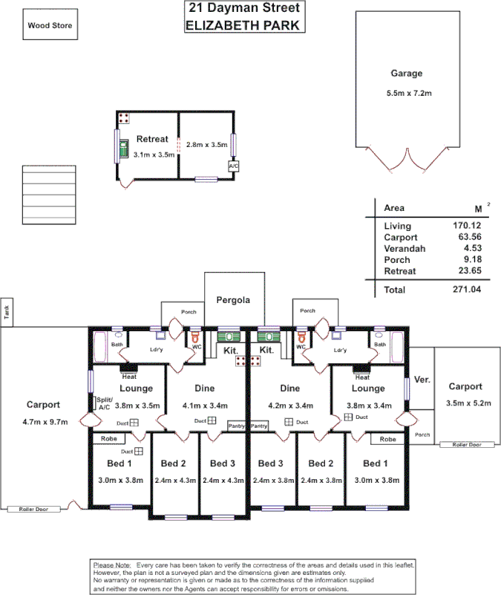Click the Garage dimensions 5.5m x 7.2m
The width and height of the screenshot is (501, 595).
tap(406, 94)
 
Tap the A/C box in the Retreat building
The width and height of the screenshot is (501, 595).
tap(233, 167)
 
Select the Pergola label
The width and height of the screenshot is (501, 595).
tap(233, 301)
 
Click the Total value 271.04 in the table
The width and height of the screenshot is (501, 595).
tap(466, 290)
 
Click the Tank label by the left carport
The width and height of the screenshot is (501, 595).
tap(5, 313)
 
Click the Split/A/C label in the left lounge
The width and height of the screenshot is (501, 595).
tap(103, 403)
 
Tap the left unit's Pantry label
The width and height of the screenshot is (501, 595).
tap(237, 426)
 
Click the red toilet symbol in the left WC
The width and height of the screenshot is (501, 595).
tap(195, 336)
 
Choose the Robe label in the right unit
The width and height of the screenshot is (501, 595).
tap(387, 439)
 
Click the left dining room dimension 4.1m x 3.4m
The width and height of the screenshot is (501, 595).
tap(204, 406)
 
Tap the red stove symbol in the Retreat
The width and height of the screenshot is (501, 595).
tap(124, 118)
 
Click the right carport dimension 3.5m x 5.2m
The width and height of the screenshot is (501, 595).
tap(465, 403)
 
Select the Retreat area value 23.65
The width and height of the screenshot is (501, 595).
tap(466, 271)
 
